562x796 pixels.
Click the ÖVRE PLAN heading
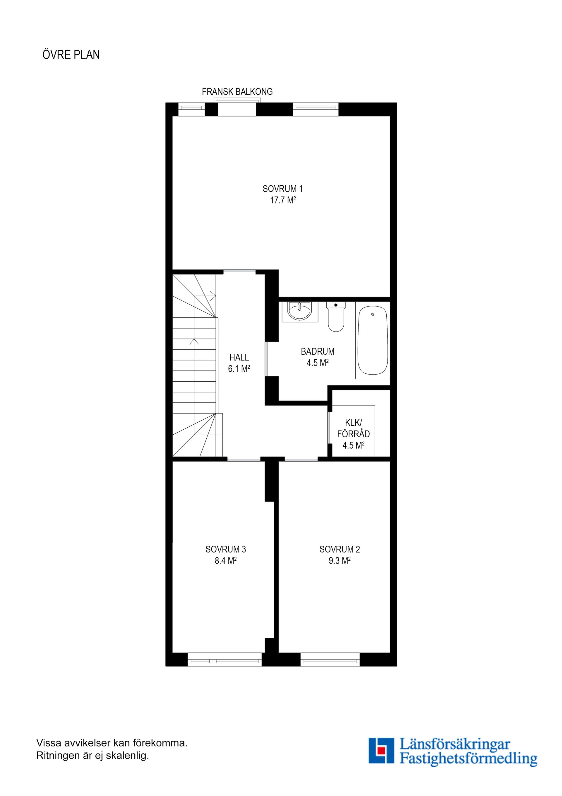pyautogui.click(x=71, y=55)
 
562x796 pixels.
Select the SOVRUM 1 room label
pyautogui.click(x=282, y=189)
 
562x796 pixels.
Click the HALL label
pyautogui.click(x=239, y=357)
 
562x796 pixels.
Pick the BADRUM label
pyautogui.click(x=318, y=351)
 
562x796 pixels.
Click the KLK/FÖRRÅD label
pyautogui.click(x=353, y=428)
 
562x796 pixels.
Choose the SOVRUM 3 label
pyautogui.click(x=225, y=549)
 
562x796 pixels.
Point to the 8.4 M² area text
pyautogui.click(x=225, y=561)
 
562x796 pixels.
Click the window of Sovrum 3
pyautogui.click(x=225, y=659)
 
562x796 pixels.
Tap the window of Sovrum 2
pyautogui.click(x=330, y=659)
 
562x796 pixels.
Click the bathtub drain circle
pyautogui.click(x=373, y=314)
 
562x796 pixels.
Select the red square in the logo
pyautogui.click(x=381, y=750)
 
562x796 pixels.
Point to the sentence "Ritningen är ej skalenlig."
pyautogui.click(x=92, y=756)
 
